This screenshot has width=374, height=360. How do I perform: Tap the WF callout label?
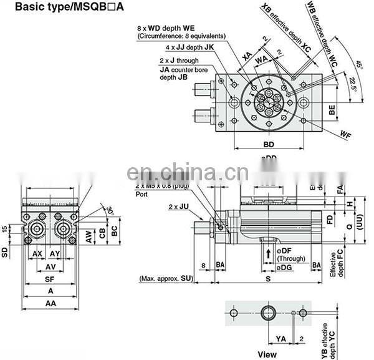[346, 134]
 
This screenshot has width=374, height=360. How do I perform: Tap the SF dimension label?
[47, 280]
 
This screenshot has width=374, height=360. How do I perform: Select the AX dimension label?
[37, 254]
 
